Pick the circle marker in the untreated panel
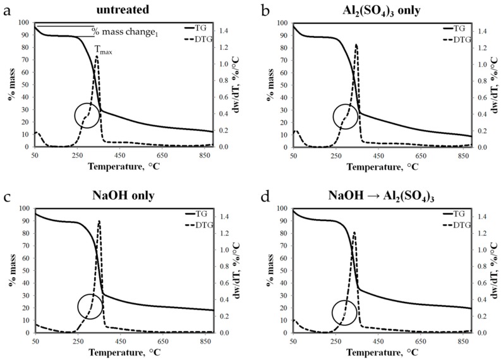(88, 115)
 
